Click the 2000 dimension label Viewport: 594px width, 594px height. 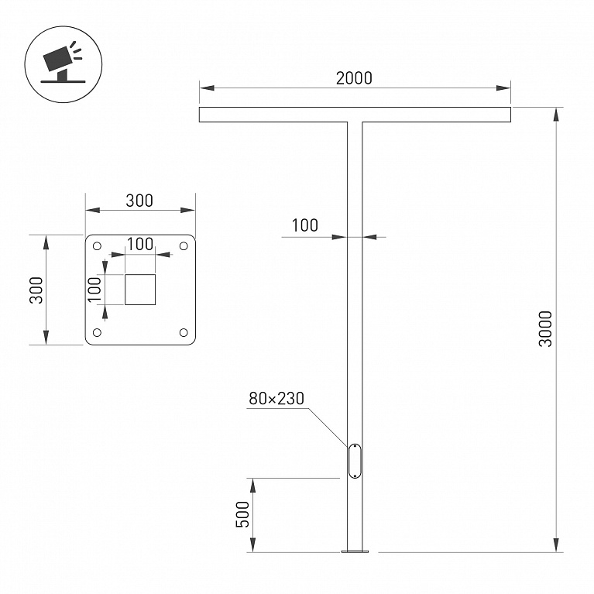click(354, 78)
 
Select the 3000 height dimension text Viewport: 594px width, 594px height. click(545, 329)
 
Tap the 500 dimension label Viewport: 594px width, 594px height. click(243, 514)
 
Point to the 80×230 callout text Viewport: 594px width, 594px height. click(276, 399)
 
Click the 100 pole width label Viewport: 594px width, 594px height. click(304, 225)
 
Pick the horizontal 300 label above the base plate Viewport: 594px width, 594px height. click(139, 201)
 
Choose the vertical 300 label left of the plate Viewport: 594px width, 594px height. click(36, 290)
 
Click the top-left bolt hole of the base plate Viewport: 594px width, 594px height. click(97, 246)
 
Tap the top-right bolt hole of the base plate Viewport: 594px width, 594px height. click(184, 246)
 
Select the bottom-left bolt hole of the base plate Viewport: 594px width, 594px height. click(97, 332)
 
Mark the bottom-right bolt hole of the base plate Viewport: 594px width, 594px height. click(184, 332)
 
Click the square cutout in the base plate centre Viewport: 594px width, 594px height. click(140, 290)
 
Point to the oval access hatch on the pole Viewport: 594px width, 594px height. click(355, 461)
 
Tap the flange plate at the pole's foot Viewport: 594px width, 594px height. click(355, 551)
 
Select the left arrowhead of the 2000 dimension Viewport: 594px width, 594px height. click(207, 88)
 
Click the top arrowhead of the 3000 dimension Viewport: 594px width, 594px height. click(556, 115)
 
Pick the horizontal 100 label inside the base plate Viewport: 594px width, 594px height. click(139, 245)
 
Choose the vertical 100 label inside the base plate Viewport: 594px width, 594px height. click(94, 290)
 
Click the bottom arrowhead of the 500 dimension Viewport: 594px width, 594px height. click(252, 544)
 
